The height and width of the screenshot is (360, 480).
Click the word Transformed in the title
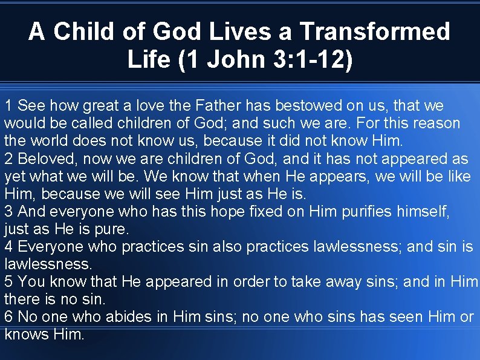click(375, 31)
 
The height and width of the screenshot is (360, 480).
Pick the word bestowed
click(309, 106)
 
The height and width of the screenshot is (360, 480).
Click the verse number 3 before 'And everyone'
click(8, 212)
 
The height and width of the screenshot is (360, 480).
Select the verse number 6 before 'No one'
click(8, 316)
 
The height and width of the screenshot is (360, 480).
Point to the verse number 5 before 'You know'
click(8, 282)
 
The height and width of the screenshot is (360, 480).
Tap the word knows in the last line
click(25, 334)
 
